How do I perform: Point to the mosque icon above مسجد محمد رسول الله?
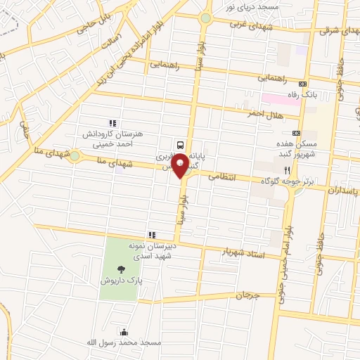pos(124,332)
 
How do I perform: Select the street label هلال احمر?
pos(264,114)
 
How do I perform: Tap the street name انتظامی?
pos(223,177)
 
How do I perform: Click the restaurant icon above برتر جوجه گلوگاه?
pos(287,170)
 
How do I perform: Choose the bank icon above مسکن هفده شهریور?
pos(296,131)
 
